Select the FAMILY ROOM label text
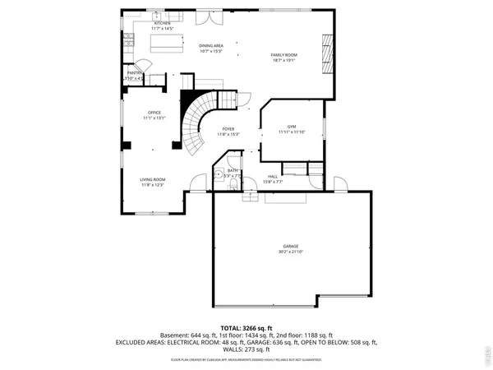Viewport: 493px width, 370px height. [x=284, y=54]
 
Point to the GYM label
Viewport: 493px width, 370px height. [x=291, y=127]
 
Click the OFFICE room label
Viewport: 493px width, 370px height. [x=154, y=113]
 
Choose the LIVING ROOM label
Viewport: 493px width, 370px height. [x=153, y=179]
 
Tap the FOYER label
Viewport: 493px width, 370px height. [x=228, y=129]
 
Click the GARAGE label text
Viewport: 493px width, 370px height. [x=291, y=247]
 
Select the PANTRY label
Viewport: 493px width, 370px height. [x=134, y=73]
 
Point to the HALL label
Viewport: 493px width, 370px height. [x=272, y=176]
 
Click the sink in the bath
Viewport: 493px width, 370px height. [x=220, y=175]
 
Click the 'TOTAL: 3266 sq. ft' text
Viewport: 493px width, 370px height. [x=246, y=328]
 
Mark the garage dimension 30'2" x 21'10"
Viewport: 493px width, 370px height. [x=291, y=252]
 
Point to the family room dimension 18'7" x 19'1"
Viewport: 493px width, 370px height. [x=284, y=60]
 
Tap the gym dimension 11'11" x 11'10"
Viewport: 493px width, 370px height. [x=291, y=132]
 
